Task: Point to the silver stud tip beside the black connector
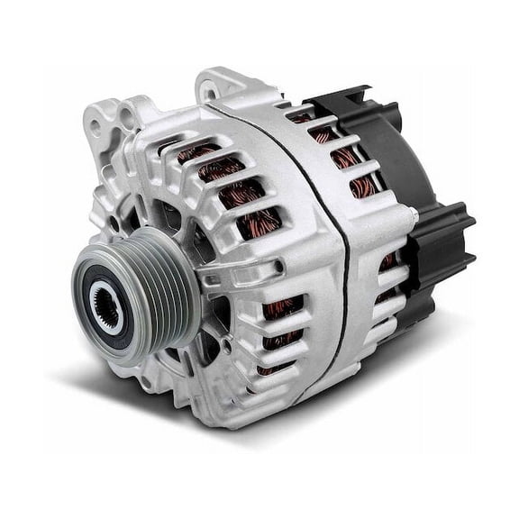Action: point(413,214)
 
